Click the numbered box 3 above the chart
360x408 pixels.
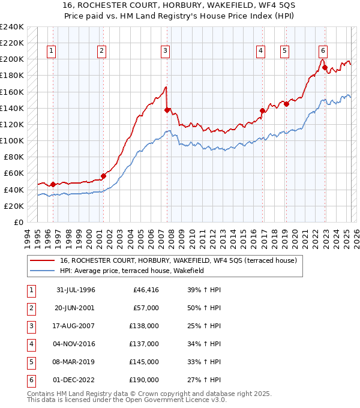tap(164, 52)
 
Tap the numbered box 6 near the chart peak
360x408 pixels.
tap(323, 52)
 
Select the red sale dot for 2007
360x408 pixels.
tap(167, 110)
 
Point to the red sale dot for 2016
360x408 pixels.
tap(262, 110)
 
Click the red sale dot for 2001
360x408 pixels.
tap(103, 176)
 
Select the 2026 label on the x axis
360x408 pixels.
tap(355, 237)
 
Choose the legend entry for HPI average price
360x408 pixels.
tap(132, 271)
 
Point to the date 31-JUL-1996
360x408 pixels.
tap(76, 290)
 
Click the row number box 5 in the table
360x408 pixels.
tap(31, 362)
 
